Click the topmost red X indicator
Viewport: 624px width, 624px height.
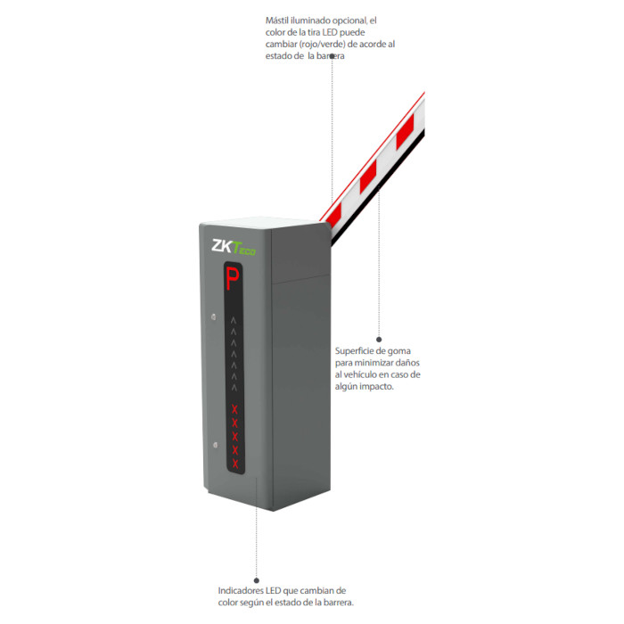234,409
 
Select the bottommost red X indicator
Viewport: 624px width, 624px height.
235,464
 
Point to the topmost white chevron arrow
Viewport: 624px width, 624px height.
234,318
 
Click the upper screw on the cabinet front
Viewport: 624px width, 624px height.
212,316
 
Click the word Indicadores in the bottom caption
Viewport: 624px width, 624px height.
241,590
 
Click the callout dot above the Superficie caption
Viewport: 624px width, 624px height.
379,339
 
